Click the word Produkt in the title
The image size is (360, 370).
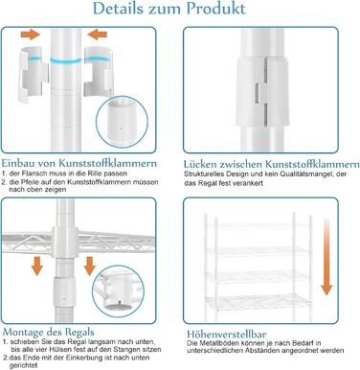(x=216, y=8)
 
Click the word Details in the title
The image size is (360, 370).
(x=118, y=8)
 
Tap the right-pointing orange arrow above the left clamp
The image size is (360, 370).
(x=31, y=35)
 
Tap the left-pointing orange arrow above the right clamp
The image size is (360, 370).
(x=98, y=35)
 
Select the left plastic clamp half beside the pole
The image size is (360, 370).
(x=33, y=75)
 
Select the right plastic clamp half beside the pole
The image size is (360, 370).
(x=99, y=72)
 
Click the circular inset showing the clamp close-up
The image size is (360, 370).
(x=122, y=122)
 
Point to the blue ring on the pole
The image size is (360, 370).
(x=66, y=60)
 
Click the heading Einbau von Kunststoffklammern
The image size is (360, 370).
(x=79, y=163)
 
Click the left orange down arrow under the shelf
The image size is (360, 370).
(x=37, y=266)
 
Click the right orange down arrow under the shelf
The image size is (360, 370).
(x=90, y=266)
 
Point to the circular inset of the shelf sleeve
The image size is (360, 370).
(x=118, y=291)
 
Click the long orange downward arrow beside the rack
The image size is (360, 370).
(x=326, y=257)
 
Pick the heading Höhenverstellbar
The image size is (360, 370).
(x=227, y=335)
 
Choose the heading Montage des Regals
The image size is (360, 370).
(x=48, y=332)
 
